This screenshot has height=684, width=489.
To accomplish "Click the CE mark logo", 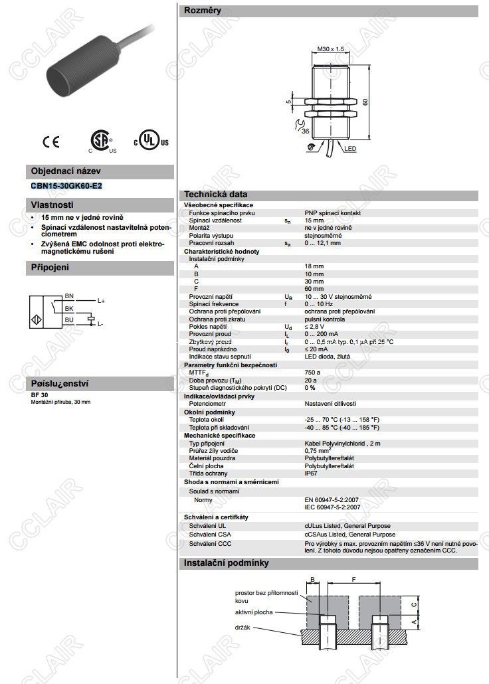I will tap(51, 141).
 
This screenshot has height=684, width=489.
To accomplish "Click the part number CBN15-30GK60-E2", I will tap(66, 186).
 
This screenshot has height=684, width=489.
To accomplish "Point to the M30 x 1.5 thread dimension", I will tap(330, 49).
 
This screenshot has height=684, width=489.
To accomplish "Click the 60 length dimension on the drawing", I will tap(365, 102).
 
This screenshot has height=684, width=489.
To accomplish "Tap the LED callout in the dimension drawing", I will tap(350, 149).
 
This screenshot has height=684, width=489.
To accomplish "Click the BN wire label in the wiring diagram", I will tap(68, 296).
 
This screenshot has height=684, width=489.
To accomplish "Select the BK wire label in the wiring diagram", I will tap(68, 308).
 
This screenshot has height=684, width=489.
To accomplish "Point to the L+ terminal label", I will tap(101, 301).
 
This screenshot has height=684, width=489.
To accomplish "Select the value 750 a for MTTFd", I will tap(312, 373).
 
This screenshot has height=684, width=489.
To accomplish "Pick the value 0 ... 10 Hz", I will tap(318, 303).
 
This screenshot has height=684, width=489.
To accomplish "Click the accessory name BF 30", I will tap(39, 395).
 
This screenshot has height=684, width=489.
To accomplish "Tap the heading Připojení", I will tap(50, 268).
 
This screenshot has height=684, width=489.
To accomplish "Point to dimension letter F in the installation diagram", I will tap(353, 580).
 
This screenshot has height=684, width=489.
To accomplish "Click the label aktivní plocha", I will tap(253, 612).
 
